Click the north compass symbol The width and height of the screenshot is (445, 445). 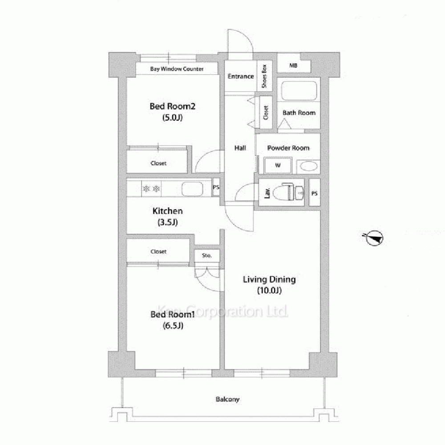pyautogui.click(x=374, y=238)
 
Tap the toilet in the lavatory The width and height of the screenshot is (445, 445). pyautogui.click(x=284, y=192)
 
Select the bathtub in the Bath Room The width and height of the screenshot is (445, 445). pyautogui.click(x=299, y=91)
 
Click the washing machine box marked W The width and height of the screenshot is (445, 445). pyautogui.click(x=278, y=165)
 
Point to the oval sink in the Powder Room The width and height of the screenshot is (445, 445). pyautogui.click(x=308, y=166)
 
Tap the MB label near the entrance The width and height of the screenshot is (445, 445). pyautogui.click(x=293, y=65)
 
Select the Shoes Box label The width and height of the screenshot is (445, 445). pyautogui.click(x=264, y=76)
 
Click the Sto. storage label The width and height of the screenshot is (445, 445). pyautogui.click(x=206, y=255)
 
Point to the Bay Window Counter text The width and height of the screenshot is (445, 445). pyautogui.click(x=177, y=69)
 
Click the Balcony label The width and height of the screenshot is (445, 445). pyautogui.click(x=227, y=400)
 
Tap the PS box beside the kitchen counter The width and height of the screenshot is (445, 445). pyautogui.click(x=216, y=187)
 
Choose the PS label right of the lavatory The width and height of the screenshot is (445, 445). pyautogui.click(x=314, y=194)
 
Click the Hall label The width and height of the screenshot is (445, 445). pyautogui.click(x=240, y=148)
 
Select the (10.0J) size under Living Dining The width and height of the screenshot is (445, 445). pyautogui.click(x=269, y=291)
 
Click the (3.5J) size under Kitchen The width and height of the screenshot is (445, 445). pyautogui.click(x=168, y=222)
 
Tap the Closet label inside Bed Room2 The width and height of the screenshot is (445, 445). pyautogui.click(x=158, y=163)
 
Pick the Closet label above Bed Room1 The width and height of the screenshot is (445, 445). pyautogui.click(x=158, y=251)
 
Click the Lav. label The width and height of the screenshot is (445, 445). pyautogui.click(x=267, y=193)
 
